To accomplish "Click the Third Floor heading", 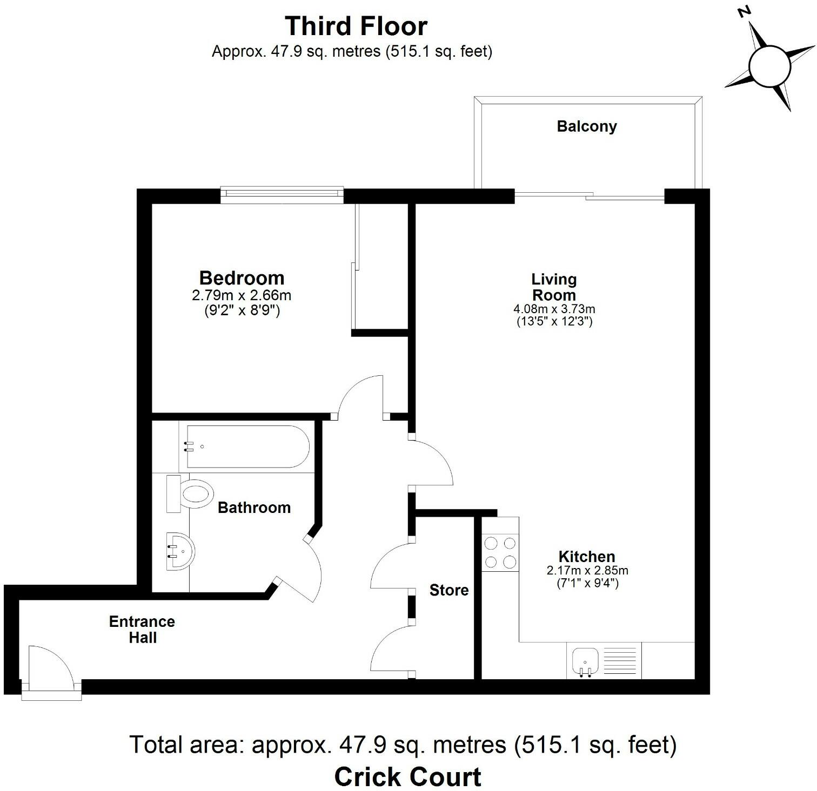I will [356, 26].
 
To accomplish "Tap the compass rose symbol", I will [769, 65].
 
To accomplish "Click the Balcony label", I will [587, 126].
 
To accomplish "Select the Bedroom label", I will [242, 278].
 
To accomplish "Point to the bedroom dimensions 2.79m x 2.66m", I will [242, 296].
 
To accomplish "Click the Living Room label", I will [554, 287].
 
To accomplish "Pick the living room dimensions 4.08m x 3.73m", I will [554, 309].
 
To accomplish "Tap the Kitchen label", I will [587, 556].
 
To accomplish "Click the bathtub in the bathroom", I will [247, 447].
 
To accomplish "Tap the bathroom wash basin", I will [180, 551].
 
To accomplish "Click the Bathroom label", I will [254, 508].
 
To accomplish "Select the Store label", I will [448, 590].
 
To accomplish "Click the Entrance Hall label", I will [142, 630].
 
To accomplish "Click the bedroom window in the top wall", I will [282, 195].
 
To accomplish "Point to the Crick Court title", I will [408, 776].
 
